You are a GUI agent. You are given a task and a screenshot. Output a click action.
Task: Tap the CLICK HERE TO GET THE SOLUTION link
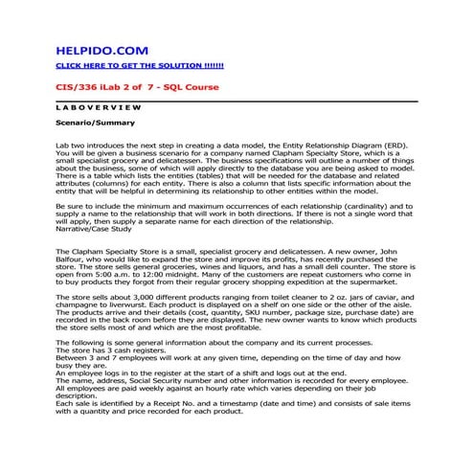tap(139, 65)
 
